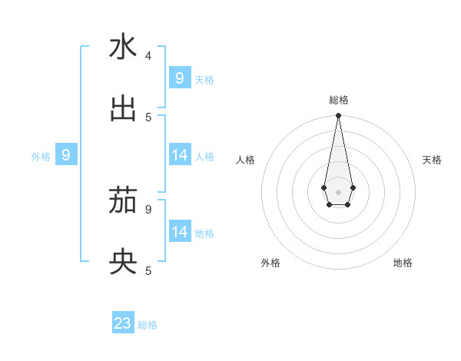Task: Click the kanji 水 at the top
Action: pos(123,48)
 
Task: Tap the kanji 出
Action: pos(123,109)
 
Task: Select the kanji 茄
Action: pos(123,202)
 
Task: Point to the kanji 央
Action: pos(123,263)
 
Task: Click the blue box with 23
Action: pos(123,323)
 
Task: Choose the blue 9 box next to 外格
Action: pos(66,156)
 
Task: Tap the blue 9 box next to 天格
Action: pos(179,78)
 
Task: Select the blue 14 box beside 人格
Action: pos(179,155)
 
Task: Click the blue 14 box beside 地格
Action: pos(179,232)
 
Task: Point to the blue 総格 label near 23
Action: pos(148,325)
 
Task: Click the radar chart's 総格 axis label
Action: pos(339,100)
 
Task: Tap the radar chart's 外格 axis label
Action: pos(270,263)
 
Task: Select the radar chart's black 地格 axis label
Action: pos(403,263)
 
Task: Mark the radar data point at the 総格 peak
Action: pos(338,116)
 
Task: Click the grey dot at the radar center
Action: pos(338,192)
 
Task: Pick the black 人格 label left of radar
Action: pos(245,160)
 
